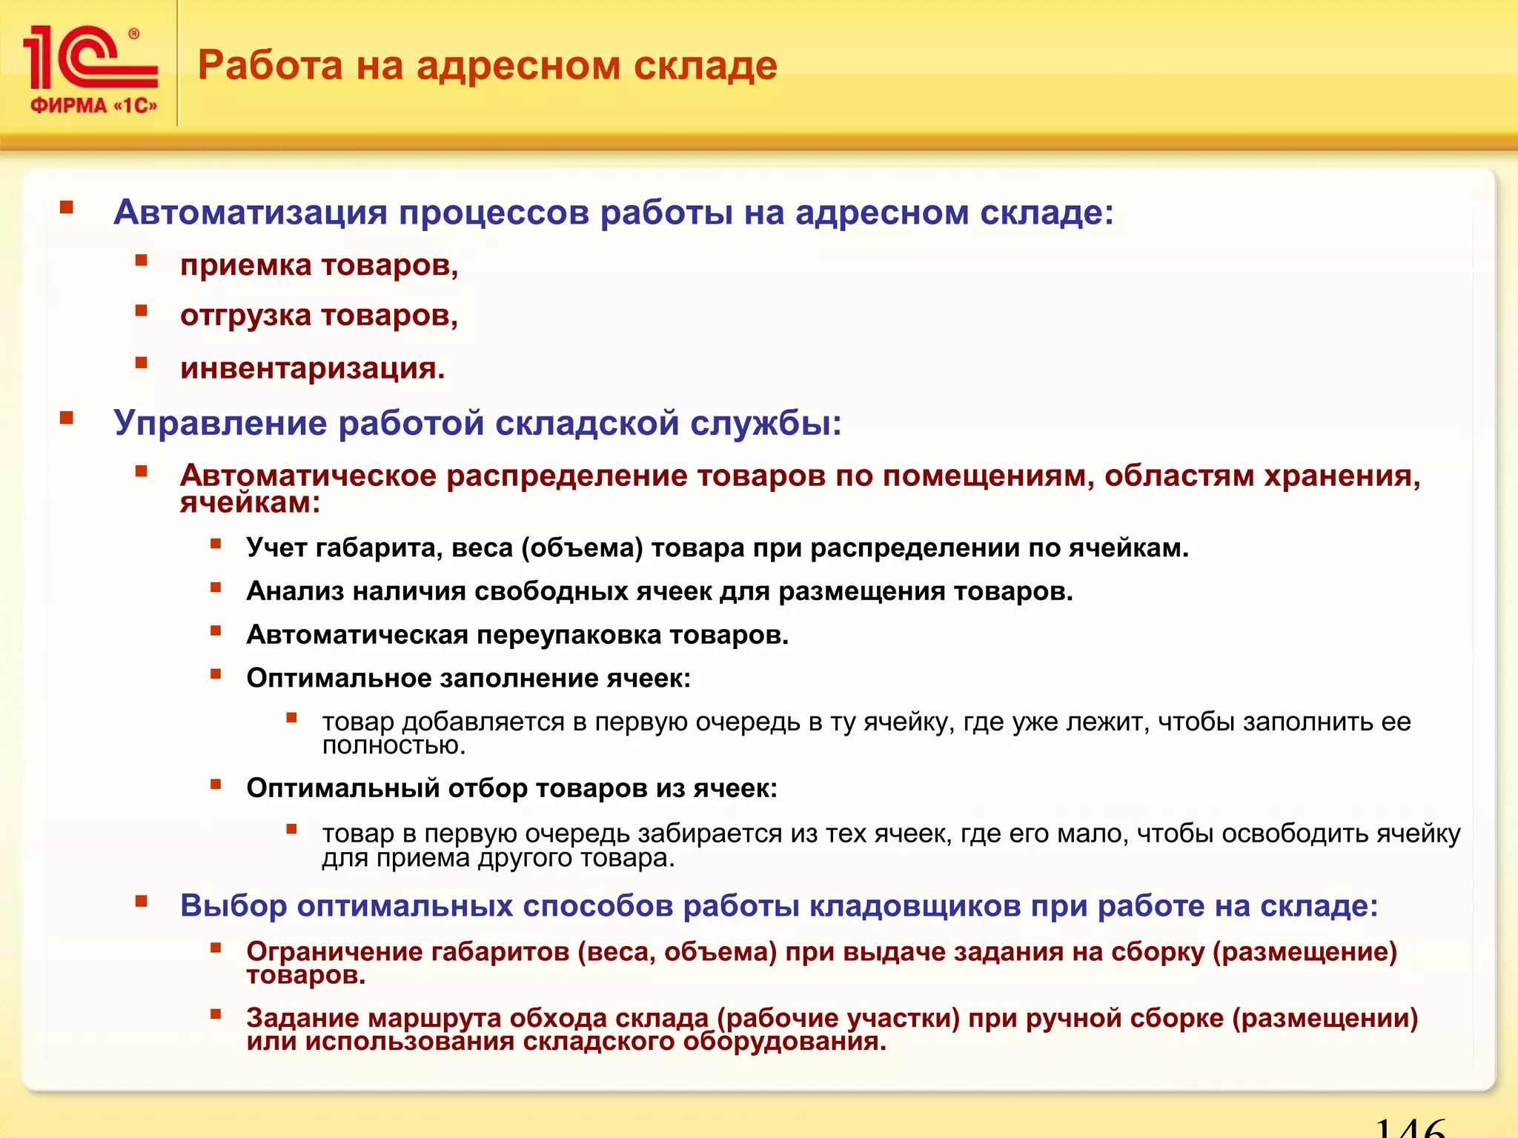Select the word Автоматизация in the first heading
click(x=250, y=213)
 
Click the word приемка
click(x=245, y=266)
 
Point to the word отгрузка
click(x=245, y=316)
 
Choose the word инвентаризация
click(x=311, y=368)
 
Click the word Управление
click(x=220, y=424)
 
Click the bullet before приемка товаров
click(x=142, y=260)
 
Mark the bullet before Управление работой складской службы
click(x=67, y=418)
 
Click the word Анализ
click(x=295, y=591)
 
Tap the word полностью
click(x=393, y=746)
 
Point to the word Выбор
click(x=233, y=906)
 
